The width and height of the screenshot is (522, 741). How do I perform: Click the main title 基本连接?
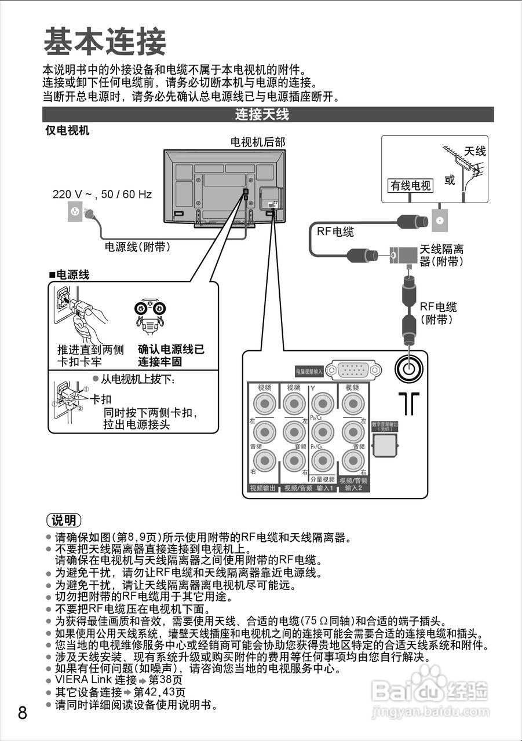pyautogui.click(x=105, y=42)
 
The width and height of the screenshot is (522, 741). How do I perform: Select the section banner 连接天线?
pyautogui.click(x=261, y=115)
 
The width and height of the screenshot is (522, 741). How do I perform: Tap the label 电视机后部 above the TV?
pyautogui.click(x=257, y=142)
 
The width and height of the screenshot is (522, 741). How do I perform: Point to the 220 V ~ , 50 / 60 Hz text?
pyautogui.click(x=102, y=195)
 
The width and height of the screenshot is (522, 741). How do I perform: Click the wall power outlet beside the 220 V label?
pyautogui.click(x=74, y=213)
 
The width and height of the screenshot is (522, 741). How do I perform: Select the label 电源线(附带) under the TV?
pyautogui.click(x=137, y=247)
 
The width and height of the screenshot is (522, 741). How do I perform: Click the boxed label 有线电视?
pyautogui.click(x=410, y=185)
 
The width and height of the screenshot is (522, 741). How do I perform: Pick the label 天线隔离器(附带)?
pyautogui.click(x=441, y=255)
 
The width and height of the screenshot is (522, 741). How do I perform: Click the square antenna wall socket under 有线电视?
pyautogui.click(x=439, y=220)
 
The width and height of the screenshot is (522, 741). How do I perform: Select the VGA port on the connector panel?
pyautogui.click(x=353, y=370)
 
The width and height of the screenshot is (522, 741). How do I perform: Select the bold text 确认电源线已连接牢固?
pyautogui.click(x=171, y=355)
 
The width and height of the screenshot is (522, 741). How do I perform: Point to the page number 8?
pyautogui.click(x=23, y=713)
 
